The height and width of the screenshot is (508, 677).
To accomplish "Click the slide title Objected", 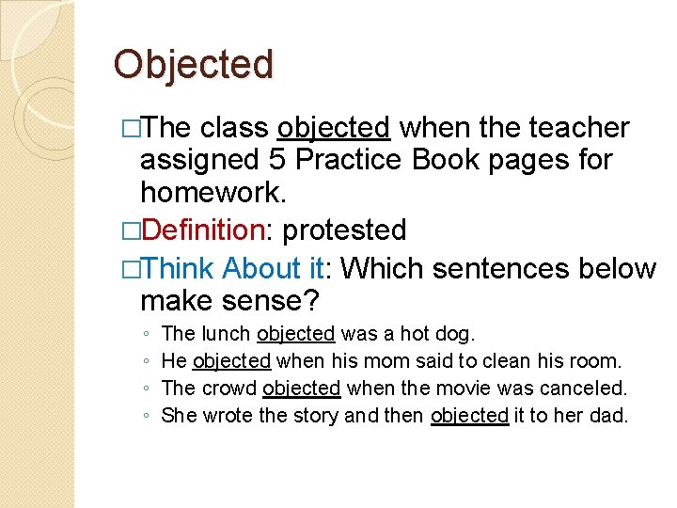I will [193, 65].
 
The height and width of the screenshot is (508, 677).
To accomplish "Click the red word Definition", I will [206, 230].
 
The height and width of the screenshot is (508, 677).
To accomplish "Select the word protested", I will [344, 230].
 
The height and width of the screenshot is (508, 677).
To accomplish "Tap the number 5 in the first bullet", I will [278, 160].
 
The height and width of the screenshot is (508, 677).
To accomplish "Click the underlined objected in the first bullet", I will [334, 127].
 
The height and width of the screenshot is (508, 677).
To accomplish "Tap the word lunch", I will [226, 333].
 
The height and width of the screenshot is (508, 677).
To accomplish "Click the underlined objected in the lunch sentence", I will [296, 333].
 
